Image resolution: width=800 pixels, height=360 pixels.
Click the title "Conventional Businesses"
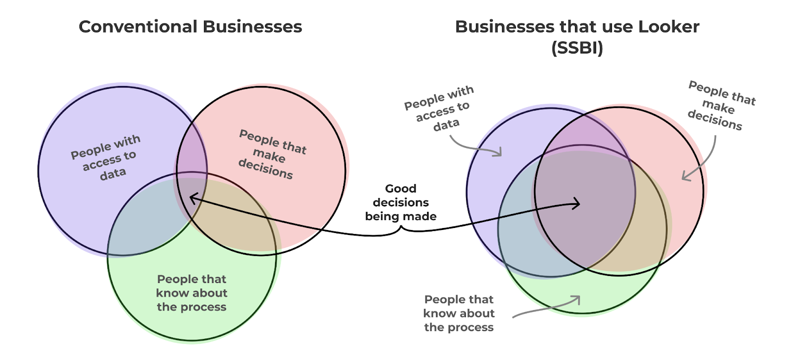190,26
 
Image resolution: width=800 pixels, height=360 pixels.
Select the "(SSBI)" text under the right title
577,48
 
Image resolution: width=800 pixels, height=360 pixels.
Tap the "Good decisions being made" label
400,202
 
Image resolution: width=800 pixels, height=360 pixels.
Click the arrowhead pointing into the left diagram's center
192,199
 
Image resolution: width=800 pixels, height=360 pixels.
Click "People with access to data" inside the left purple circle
106,157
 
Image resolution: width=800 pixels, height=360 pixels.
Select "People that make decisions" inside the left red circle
270,154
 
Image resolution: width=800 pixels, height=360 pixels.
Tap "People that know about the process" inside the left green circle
191,293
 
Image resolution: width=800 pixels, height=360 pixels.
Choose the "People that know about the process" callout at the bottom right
458,313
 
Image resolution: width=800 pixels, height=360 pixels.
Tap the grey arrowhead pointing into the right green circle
576,299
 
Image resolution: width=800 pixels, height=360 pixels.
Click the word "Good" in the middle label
400,188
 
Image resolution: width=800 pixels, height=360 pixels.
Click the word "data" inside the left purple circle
113,174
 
